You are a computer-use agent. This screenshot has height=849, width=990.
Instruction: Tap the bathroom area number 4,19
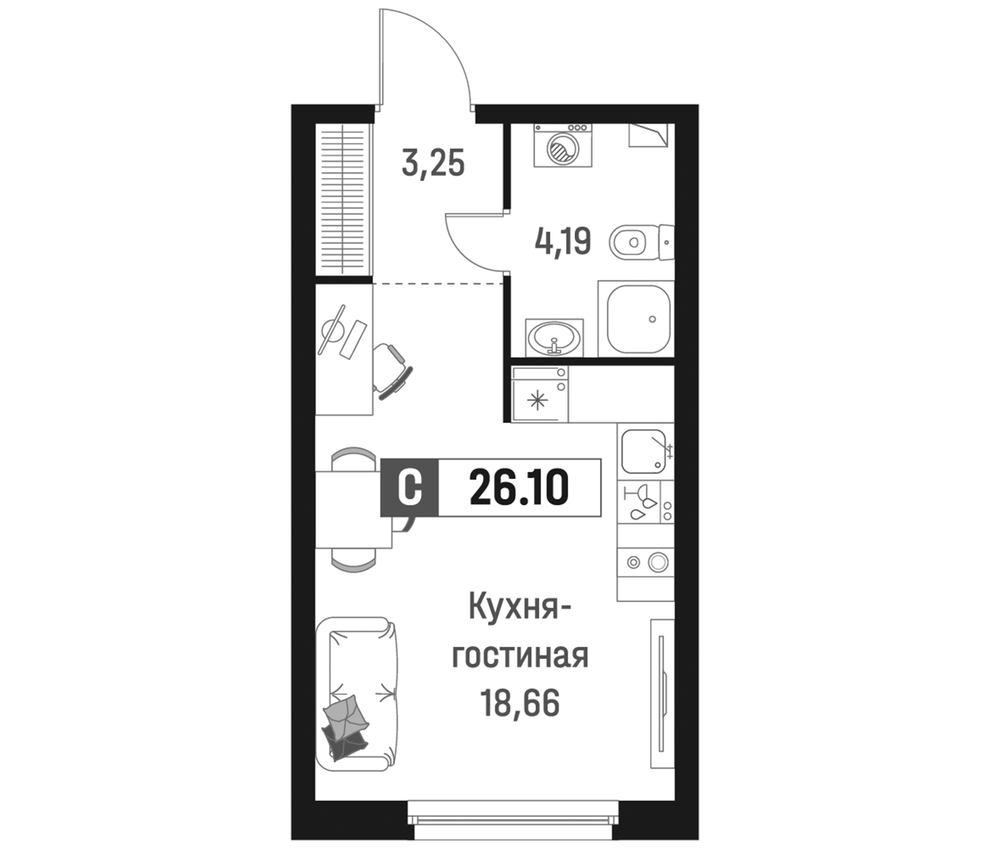pyautogui.click(x=563, y=241)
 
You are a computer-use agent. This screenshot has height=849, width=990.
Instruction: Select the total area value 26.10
pyautogui.click(x=519, y=488)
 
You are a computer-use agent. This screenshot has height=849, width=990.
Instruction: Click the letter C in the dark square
pyautogui.click(x=410, y=488)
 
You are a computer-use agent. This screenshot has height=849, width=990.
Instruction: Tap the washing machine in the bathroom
pyautogui.click(x=563, y=145)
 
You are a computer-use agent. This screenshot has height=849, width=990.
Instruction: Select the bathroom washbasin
pyautogui.click(x=554, y=337)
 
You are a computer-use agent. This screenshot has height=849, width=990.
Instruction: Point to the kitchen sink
pyautogui.click(x=643, y=452)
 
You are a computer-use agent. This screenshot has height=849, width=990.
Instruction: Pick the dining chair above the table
pyautogui.click(x=354, y=458)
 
